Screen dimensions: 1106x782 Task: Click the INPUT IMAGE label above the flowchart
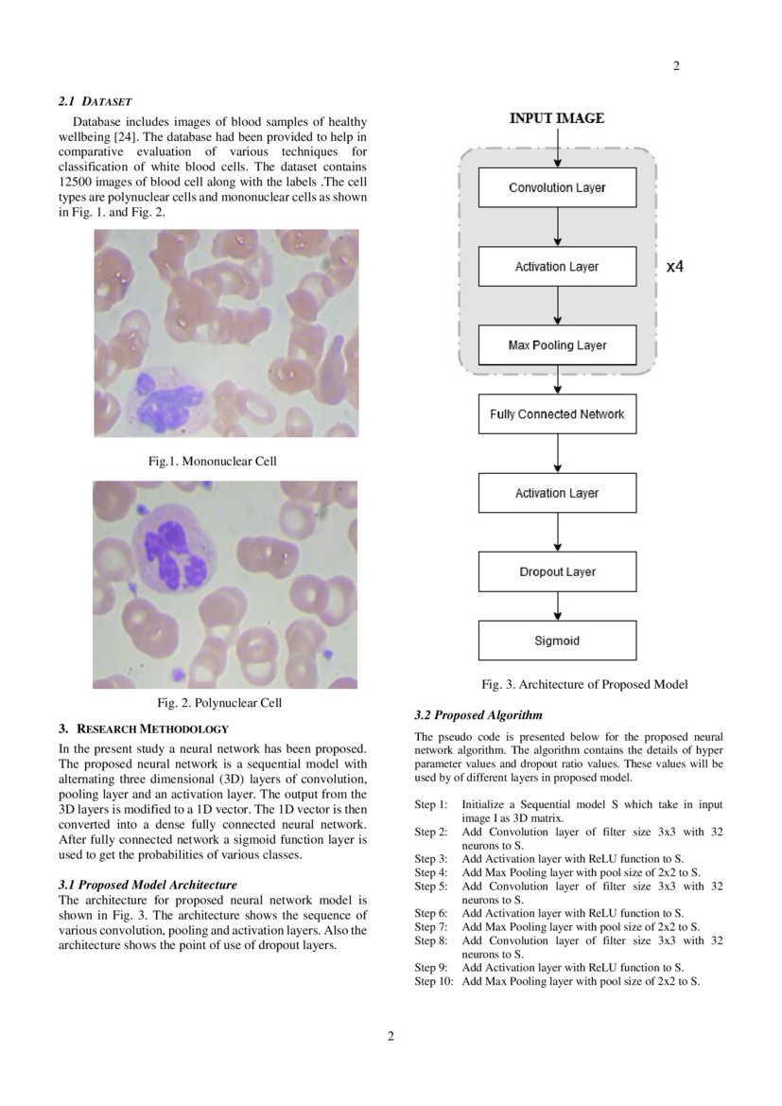pyautogui.click(x=556, y=118)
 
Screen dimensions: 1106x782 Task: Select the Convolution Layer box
pyautogui.click(x=557, y=187)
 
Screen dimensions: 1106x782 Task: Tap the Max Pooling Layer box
pyautogui.click(x=557, y=345)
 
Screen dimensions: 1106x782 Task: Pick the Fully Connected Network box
pyautogui.click(x=557, y=414)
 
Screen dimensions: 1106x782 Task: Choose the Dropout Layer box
pyautogui.click(x=557, y=571)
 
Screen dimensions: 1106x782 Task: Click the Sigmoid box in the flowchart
pyautogui.click(x=557, y=641)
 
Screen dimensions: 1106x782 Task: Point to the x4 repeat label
pyautogui.click(x=674, y=267)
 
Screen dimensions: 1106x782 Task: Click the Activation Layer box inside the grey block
pyautogui.click(x=557, y=267)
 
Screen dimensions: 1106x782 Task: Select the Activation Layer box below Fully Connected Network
pyautogui.click(x=557, y=493)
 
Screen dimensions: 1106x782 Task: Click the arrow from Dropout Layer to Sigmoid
pyautogui.click(x=558, y=606)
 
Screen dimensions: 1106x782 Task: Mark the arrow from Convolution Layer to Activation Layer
pyautogui.click(x=558, y=227)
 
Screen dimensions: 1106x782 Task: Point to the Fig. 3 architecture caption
pyautogui.click(x=584, y=684)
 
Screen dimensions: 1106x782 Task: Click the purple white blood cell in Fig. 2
pyautogui.click(x=170, y=550)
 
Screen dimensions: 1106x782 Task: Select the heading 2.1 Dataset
pyautogui.click(x=96, y=99)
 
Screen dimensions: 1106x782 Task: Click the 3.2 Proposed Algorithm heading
pyautogui.click(x=478, y=715)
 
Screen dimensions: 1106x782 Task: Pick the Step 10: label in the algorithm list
pyautogui.click(x=434, y=981)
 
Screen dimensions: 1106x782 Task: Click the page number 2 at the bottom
pyautogui.click(x=391, y=1036)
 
